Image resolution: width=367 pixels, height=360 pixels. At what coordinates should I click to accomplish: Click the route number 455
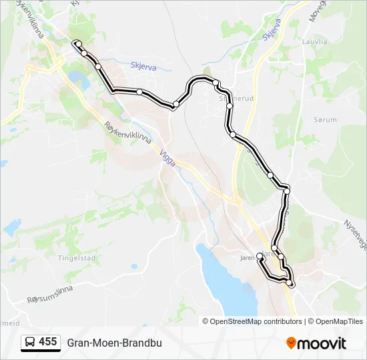point(48,342)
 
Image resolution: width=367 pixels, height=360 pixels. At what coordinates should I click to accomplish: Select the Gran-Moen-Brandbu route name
point(114,343)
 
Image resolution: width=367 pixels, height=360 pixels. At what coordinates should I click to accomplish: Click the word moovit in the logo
point(322,343)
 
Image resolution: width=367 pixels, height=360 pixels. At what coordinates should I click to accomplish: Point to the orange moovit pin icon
point(291,343)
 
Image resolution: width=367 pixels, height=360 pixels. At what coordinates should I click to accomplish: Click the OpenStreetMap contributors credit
point(256,321)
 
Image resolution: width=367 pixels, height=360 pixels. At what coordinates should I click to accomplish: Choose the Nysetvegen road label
point(354,234)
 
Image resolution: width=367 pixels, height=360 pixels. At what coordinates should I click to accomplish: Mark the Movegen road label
point(316,10)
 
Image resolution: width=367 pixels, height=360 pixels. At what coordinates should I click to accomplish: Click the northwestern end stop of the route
point(75,43)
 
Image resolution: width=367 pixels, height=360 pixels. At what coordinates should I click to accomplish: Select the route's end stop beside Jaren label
point(260,256)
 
